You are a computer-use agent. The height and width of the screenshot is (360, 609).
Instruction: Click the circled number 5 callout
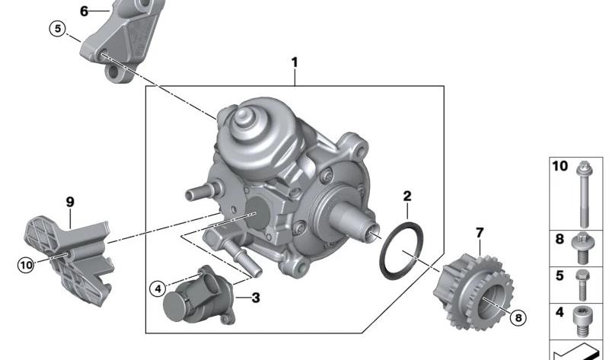[58, 29]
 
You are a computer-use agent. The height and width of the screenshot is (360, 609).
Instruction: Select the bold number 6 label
[84, 11]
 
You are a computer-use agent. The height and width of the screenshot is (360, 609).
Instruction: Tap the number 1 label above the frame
[295, 62]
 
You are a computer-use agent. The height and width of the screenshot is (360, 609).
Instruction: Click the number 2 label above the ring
[407, 196]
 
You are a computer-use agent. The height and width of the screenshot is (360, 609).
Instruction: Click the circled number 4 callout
[158, 289]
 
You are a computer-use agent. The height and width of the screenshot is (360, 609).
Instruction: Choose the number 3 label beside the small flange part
[256, 298]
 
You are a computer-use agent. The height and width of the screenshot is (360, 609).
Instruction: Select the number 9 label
[70, 202]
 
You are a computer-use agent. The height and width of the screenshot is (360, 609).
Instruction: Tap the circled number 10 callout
[26, 265]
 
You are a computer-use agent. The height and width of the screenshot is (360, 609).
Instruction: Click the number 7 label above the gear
[480, 233]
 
